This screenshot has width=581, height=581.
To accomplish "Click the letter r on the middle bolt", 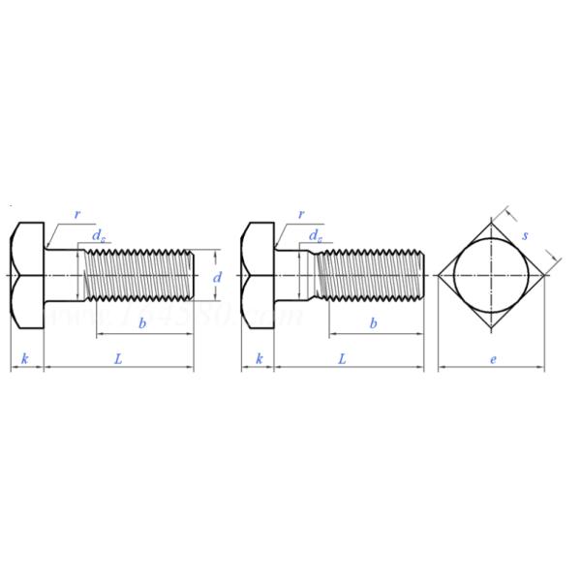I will tap(302, 215).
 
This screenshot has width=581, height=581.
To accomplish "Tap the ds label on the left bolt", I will tap(99, 235).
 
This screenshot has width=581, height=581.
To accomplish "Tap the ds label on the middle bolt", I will tap(316, 235).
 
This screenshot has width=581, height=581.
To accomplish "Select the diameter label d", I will tap(217, 277).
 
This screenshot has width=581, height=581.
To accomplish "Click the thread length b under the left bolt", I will tap(142, 323).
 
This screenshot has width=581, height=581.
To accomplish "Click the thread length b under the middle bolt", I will tap(373, 323).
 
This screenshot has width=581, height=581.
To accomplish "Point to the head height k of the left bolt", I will tap(25, 359).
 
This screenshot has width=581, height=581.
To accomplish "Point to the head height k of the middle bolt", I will tap(259, 359).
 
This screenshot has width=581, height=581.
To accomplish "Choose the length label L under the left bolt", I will tap(118, 358).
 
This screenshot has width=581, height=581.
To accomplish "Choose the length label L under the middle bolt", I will tap(343, 358).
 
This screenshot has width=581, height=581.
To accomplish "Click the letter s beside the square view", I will tap(525, 235).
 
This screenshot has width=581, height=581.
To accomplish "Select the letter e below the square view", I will tap(493, 359).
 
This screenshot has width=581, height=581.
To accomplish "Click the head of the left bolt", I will tap(28, 276).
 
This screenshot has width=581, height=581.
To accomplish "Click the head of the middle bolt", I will tap(259, 276).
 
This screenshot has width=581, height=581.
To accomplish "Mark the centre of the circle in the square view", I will tap(492, 276).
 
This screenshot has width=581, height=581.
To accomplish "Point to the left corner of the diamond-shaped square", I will tap(439, 276).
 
